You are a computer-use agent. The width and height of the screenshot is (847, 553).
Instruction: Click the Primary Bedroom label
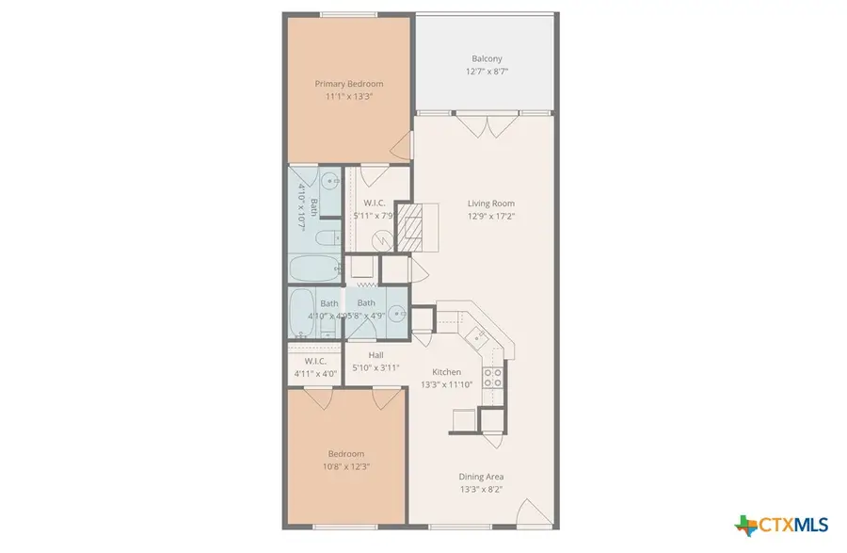349,84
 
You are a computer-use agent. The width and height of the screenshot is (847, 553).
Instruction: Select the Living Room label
491,203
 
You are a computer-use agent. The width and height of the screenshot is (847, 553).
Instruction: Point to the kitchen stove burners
492,378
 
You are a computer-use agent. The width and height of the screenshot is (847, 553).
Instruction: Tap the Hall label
376,355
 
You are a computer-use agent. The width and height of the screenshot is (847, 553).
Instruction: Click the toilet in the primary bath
328,236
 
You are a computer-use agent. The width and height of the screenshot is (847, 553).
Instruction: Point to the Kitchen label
446,372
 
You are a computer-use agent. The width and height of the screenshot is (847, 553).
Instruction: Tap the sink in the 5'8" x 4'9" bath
399,315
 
